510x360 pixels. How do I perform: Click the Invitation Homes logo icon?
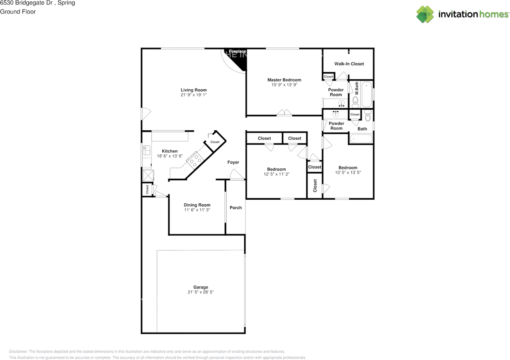(x=425, y=14)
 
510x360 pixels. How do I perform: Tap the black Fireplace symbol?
(x=239, y=60)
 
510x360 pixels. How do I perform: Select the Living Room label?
(x=194, y=90)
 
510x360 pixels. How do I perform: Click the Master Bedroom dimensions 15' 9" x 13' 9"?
(x=284, y=85)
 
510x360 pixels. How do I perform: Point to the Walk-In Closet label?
(x=349, y=64)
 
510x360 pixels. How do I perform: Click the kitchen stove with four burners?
(x=195, y=160)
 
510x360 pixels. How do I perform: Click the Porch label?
(x=235, y=208)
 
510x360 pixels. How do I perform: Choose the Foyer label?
(x=233, y=162)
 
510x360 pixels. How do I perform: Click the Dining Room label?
(x=197, y=205)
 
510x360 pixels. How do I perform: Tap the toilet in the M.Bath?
(x=355, y=102)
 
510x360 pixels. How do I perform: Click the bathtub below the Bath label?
(x=361, y=139)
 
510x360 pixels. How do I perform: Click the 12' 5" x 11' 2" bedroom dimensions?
(x=276, y=174)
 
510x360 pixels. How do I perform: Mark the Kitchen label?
(x=170, y=151)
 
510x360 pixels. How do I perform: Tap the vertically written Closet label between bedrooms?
(x=315, y=185)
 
